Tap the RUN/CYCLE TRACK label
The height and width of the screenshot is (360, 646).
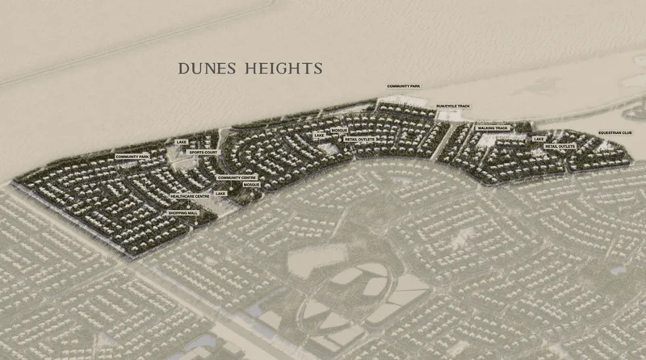[452, 105]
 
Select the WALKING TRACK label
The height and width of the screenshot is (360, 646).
[492, 128]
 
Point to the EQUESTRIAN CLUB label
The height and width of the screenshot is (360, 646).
[615, 132]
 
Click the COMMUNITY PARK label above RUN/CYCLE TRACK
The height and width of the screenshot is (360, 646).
[404, 86]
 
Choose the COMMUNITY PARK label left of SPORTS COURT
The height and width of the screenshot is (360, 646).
[132, 156]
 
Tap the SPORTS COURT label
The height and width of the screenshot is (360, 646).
[203, 152]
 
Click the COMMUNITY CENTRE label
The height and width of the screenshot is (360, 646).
[237, 177]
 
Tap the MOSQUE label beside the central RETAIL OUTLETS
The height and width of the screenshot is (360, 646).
[339, 130]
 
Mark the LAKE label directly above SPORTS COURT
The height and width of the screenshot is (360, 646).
[181, 142]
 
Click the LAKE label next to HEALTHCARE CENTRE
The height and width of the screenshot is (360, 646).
[220, 194]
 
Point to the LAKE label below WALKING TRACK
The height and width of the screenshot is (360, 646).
[539, 139]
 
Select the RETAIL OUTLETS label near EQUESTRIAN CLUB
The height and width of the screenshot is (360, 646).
[560, 146]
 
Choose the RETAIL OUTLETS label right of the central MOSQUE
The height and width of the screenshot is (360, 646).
[359, 139]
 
